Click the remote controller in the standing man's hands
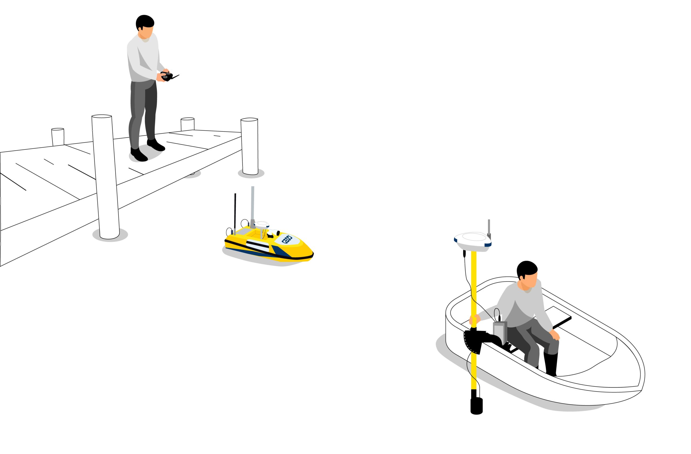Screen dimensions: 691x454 [x=168, y=76]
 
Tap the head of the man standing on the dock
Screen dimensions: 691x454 [x=145, y=26]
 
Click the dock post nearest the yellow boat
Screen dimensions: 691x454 [x=249, y=146]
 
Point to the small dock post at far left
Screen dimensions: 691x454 [x=58, y=137]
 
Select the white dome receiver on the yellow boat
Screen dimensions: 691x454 [x=262, y=224]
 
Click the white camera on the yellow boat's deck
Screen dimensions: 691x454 [x=273, y=233]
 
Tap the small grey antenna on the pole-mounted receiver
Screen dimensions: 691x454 [x=489, y=227]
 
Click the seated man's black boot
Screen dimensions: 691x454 [x=551, y=364]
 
